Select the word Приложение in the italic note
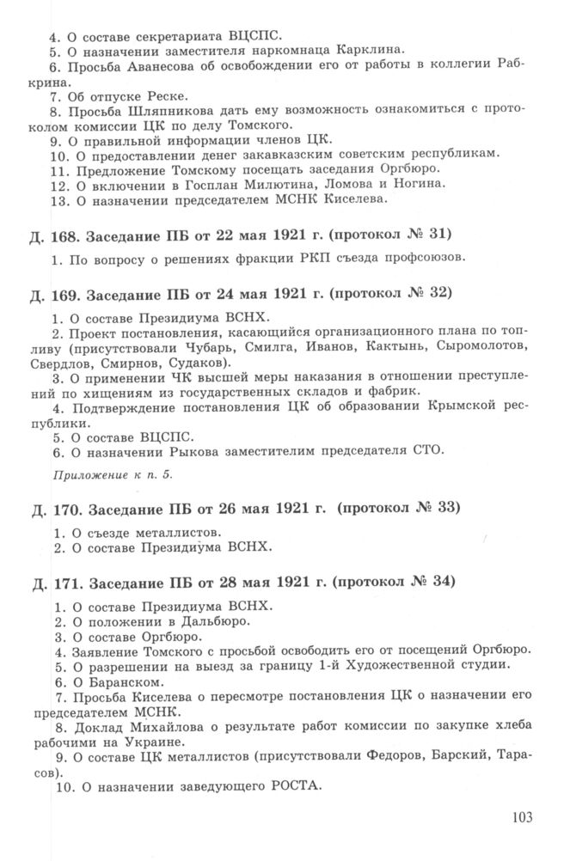(x=84, y=473)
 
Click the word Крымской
(x=450, y=407)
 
